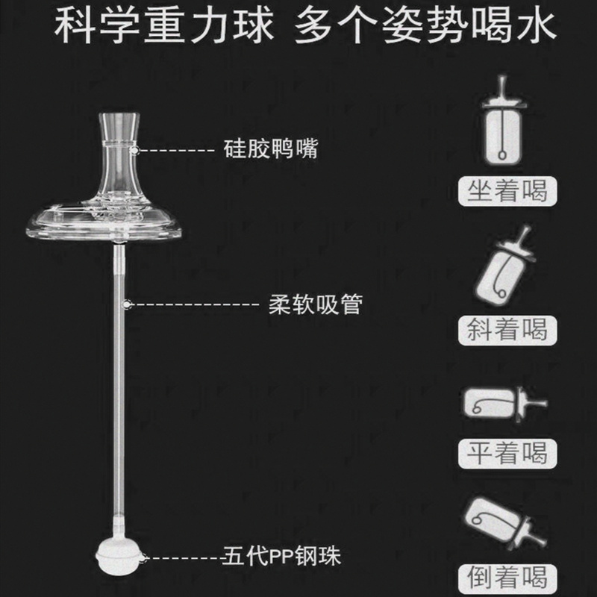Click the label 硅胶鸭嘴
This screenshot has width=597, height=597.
click(270, 149)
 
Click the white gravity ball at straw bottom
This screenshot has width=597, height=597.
click(119, 557)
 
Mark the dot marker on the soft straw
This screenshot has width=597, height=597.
click(128, 304)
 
